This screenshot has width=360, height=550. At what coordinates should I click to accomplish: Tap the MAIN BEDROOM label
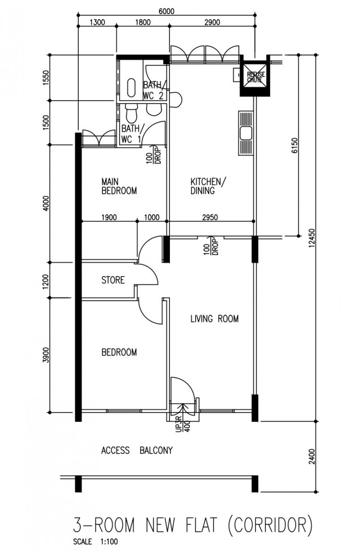pos(119,186)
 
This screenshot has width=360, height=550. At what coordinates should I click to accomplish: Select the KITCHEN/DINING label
pos(209,186)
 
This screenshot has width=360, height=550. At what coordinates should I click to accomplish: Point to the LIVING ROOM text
pos(214,319)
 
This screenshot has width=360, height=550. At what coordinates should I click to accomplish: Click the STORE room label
pos(113,280)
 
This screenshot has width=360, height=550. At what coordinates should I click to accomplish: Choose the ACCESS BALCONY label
pos(137,450)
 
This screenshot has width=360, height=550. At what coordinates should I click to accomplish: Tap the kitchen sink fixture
pos(246,133)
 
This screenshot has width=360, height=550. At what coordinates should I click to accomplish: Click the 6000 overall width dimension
pos(166,11)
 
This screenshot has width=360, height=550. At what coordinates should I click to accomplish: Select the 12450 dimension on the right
pos(312,238)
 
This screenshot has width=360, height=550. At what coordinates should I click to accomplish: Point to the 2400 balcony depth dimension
pos(312,456)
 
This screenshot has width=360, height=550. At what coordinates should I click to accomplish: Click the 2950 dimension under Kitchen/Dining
pos(210,218)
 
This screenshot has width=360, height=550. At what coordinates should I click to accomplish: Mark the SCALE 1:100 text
pos(96,542)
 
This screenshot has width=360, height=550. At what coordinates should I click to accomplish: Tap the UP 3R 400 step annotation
pos(182,423)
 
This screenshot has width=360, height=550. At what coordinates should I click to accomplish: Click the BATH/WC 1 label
pos(131,134)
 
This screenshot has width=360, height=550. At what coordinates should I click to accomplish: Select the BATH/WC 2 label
pos(154,91)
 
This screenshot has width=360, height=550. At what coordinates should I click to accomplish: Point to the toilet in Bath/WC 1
pos(132,113)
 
